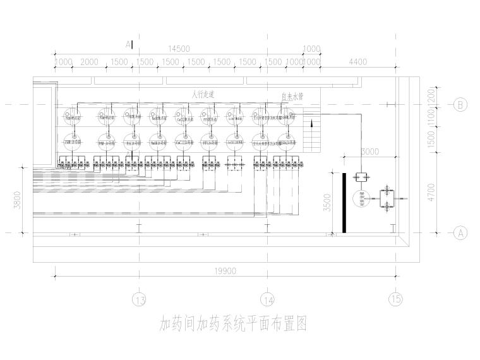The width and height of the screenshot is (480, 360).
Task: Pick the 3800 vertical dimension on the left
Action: click(18, 201)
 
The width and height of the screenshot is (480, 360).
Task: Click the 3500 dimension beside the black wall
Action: click(327, 203)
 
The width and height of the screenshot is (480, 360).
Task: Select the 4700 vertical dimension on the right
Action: click(431, 191)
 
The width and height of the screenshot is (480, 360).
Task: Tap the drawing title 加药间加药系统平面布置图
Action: click(233, 325)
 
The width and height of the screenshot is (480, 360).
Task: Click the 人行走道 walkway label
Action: click(203, 93)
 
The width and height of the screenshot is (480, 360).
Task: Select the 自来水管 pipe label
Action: click(292, 97)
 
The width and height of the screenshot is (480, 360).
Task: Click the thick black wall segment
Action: click(344, 202)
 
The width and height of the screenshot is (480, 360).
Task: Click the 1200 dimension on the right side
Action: click(431, 95)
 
